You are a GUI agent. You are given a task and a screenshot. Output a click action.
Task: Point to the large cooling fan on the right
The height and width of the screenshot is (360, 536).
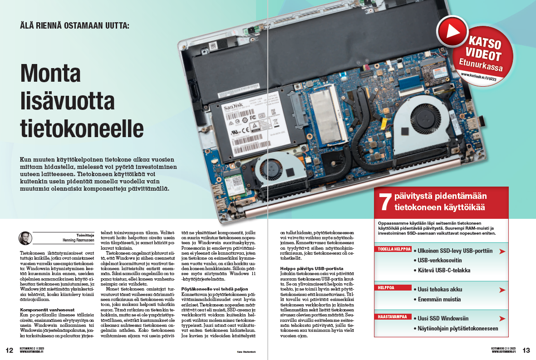pyautogui.click(x=420, y=129)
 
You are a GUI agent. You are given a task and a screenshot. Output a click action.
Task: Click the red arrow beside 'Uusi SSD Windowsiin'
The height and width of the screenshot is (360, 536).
pyautogui.click(x=502, y=319)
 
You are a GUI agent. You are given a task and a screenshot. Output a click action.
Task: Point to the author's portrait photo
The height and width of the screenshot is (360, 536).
pyautogui.click(x=25, y=237)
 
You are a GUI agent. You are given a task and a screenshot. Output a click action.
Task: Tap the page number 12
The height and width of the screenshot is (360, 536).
pyautogui.click(x=10, y=350)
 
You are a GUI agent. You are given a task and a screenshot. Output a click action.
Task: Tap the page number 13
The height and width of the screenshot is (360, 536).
pyautogui.click(x=526, y=350)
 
